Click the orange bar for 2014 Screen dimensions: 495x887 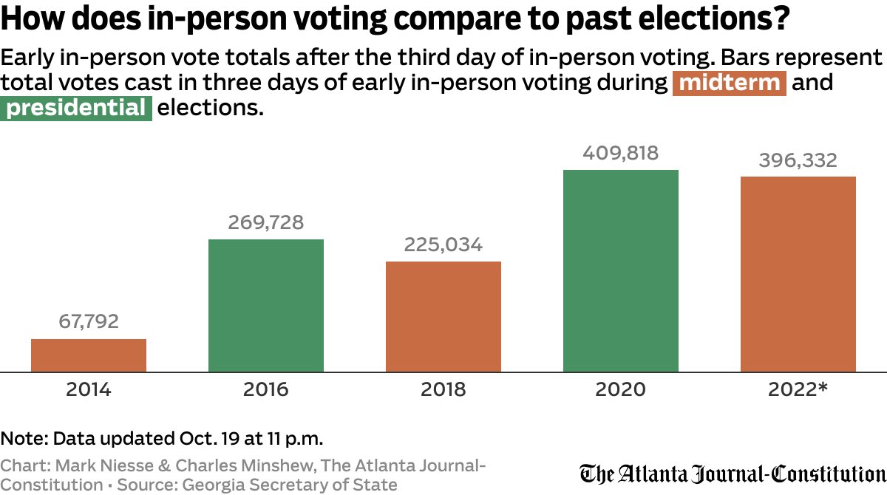(x=89, y=355)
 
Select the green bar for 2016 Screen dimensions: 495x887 (x=266, y=305)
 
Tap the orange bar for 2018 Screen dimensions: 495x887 (x=443, y=316)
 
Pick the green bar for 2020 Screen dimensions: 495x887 (x=621, y=270)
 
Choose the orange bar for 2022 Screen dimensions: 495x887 (x=798, y=274)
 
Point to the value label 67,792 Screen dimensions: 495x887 (x=89, y=322)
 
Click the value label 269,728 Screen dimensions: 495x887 (x=266, y=222)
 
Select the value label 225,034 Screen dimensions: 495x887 (x=443, y=245)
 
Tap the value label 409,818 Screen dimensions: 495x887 (x=621, y=153)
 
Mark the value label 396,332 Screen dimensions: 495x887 (x=798, y=160)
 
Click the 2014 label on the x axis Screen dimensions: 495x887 (x=89, y=389)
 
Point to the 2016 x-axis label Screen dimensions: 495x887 (x=266, y=389)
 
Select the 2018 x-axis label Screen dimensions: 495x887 (x=443, y=389)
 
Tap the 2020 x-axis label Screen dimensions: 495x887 (x=621, y=389)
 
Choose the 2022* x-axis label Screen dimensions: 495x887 (x=798, y=389)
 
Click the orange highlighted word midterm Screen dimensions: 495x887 (x=730, y=83)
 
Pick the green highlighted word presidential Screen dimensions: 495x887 (x=76, y=109)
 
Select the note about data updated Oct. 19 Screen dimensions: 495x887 (x=162, y=438)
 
